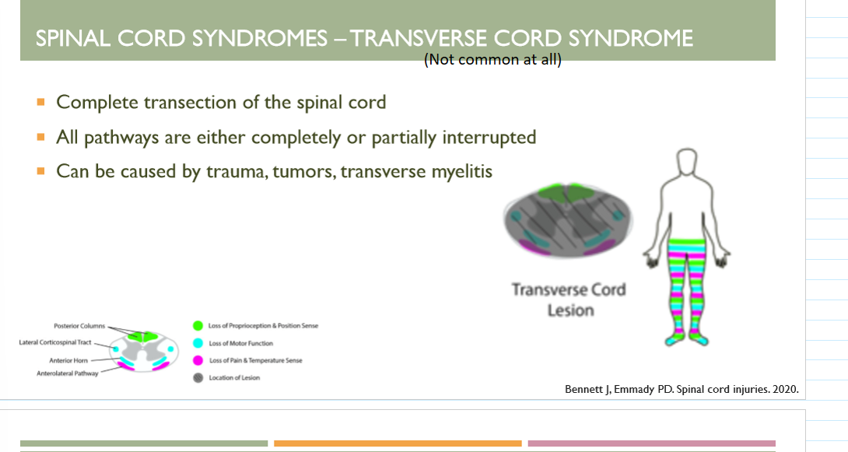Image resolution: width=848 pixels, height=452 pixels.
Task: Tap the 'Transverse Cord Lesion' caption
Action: coord(568,300)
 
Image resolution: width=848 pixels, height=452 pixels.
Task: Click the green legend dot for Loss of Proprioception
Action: coord(198,326)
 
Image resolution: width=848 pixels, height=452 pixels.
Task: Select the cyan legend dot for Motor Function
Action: coord(198,343)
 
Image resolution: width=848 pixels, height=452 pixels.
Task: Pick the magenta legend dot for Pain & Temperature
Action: coord(198,360)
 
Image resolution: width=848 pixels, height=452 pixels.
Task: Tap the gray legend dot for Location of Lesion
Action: coord(198,377)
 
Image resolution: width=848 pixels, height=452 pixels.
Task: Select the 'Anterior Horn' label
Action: coord(72,360)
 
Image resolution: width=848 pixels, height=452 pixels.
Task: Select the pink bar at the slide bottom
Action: coord(651,443)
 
